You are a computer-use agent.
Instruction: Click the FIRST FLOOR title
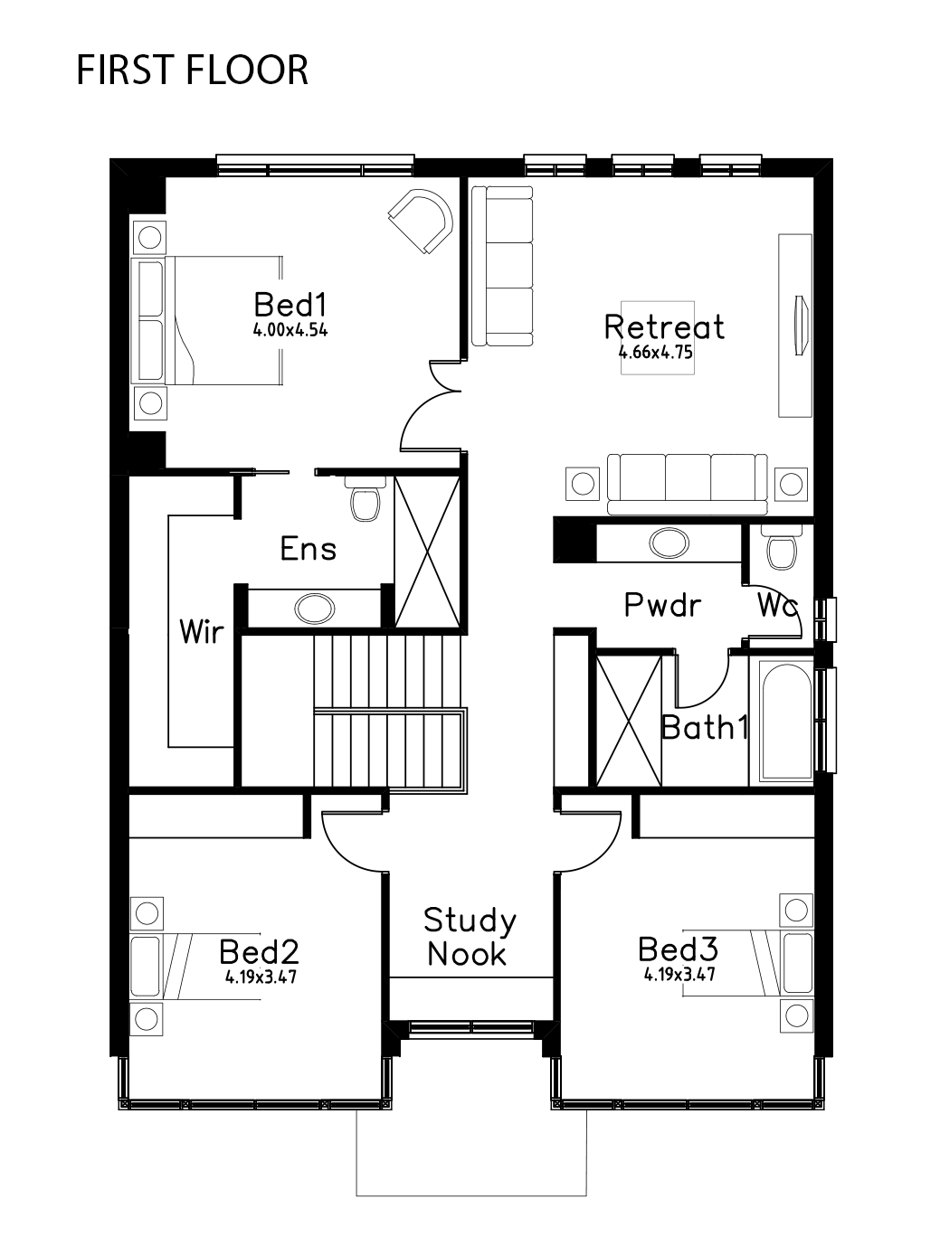click(x=193, y=71)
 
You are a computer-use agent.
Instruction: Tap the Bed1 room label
click(x=290, y=305)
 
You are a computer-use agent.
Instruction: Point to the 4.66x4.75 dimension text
click(x=656, y=352)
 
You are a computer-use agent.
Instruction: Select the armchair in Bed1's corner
click(x=421, y=222)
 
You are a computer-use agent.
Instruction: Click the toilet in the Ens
click(x=365, y=498)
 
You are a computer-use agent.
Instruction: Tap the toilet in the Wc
click(x=782, y=548)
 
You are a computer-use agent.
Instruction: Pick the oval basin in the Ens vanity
click(x=314, y=608)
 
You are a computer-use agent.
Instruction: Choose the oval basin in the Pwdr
click(x=669, y=543)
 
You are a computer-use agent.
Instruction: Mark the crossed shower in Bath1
click(x=629, y=721)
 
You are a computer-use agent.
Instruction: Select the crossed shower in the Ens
click(x=428, y=552)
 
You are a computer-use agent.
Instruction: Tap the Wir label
click(x=201, y=632)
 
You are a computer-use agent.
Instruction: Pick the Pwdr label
click(x=662, y=605)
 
